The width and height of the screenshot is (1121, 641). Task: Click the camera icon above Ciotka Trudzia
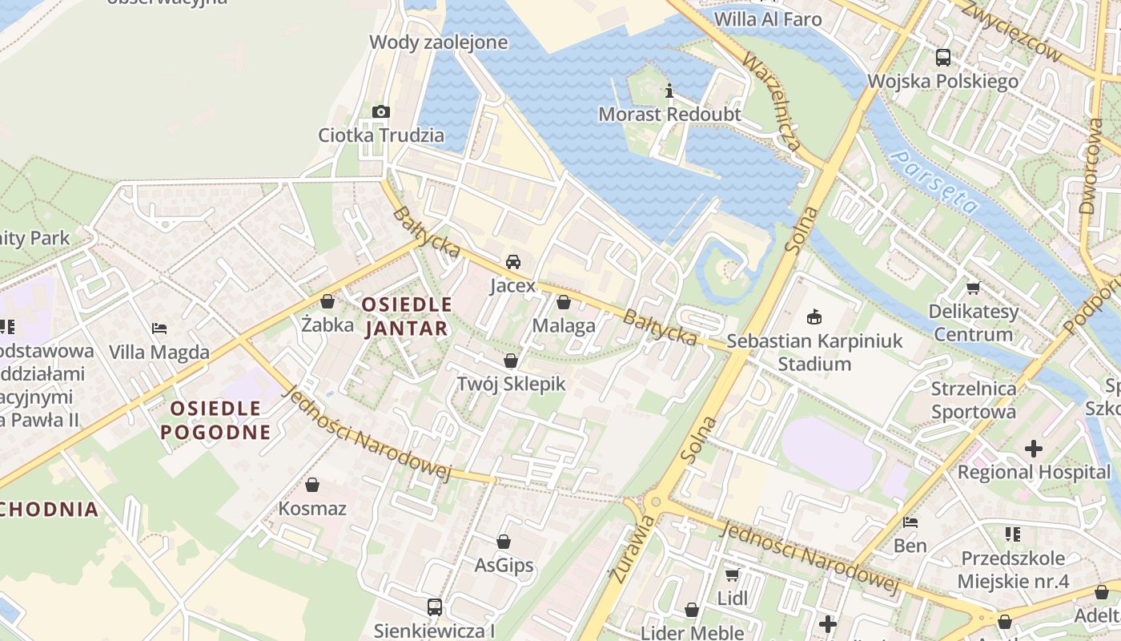(x=381, y=111)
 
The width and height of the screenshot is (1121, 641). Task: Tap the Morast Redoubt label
(x=669, y=115)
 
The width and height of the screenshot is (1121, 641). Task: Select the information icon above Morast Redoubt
(x=669, y=91)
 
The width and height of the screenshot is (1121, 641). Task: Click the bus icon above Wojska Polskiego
(x=943, y=58)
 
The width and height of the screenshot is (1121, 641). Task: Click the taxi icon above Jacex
(x=512, y=262)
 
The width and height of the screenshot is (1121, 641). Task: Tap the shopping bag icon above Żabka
(x=327, y=302)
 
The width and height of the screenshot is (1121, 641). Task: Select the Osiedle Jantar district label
(x=407, y=316)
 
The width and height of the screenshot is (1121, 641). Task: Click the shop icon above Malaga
(x=564, y=302)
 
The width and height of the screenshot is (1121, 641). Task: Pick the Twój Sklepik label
(x=511, y=384)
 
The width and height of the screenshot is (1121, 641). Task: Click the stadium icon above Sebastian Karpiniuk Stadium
(x=814, y=317)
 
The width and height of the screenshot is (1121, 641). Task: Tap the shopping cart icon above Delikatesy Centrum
(x=973, y=288)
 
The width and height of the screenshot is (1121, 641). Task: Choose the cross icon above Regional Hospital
(x=1034, y=449)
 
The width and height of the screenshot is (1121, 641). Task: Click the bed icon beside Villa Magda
(x=159, y=329)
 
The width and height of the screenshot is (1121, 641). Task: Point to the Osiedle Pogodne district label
(x=215, y=421)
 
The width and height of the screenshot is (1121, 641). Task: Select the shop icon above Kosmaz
(x=312, y=486)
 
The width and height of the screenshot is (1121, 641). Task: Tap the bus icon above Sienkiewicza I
(x=434, y=607)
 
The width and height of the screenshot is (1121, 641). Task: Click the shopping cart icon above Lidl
(x=732, y=574)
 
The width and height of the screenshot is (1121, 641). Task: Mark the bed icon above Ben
(x=910, y=522)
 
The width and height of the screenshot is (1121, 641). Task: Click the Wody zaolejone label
(x=438, y=42)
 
